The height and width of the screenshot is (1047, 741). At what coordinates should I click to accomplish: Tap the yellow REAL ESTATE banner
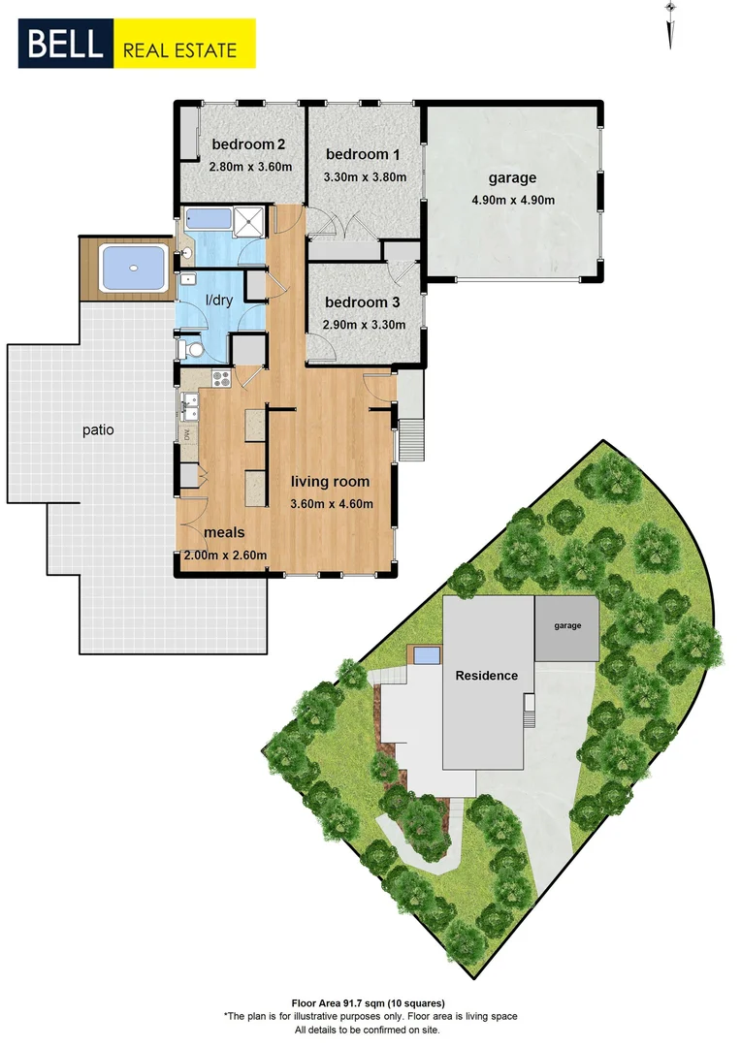coord(185,45)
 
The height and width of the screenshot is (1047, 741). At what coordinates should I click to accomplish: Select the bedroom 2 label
coord(239,146)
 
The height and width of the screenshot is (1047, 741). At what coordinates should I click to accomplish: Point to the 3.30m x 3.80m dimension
coord(364,177)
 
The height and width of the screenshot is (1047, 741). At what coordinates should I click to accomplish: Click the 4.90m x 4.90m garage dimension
coord(513,201)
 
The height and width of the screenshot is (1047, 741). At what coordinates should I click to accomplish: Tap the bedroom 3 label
coord(362,301)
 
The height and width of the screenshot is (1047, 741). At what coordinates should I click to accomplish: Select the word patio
coord(98,429)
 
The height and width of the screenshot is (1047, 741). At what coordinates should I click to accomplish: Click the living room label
coord(331,481)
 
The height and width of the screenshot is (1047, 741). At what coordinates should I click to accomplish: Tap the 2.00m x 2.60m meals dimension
coord(226,555)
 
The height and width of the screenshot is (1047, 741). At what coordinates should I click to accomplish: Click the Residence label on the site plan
coord(487,676)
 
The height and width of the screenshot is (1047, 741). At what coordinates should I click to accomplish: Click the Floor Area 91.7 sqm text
coord(370,1003)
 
